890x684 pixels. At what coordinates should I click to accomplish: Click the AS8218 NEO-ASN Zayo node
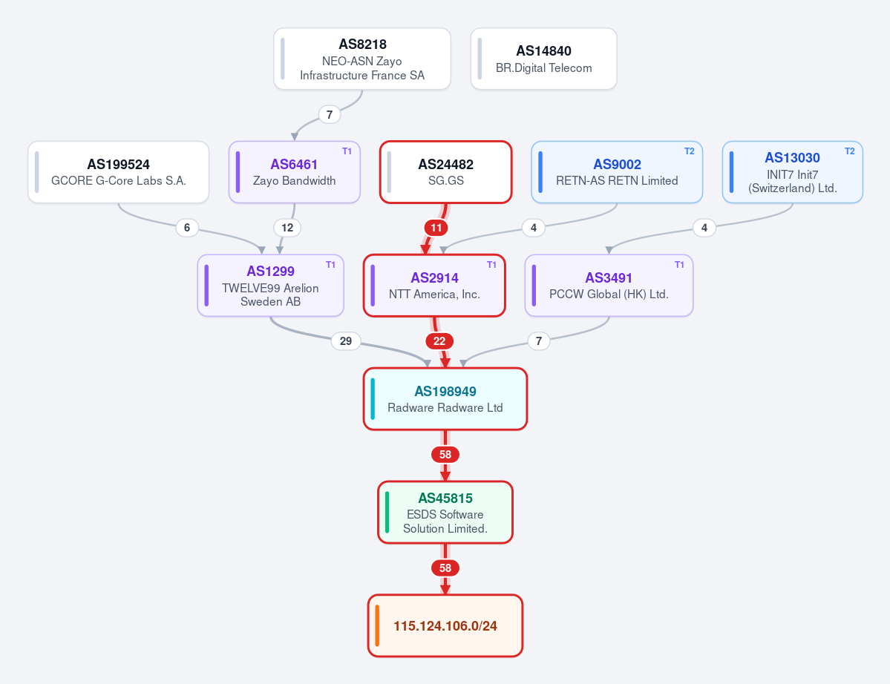point(362,59)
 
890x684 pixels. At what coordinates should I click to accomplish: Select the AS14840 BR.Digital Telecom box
point(544,59)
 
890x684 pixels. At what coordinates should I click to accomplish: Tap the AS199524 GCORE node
point(119,172)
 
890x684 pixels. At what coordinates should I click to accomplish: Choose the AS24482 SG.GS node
point(445,172)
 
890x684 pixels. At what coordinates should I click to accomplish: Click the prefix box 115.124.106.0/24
point(445,625)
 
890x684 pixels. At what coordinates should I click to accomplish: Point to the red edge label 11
point(436,228)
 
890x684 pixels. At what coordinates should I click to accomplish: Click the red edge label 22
point(439,341)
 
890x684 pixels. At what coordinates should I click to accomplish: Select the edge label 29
point(346,341)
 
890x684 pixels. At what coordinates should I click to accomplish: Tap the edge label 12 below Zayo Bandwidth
point(287,228)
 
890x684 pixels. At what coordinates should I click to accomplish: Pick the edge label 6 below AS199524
point(187,228)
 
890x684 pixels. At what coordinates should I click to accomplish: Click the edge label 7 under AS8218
point(330,114)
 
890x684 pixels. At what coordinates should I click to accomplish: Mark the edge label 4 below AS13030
point(704,228)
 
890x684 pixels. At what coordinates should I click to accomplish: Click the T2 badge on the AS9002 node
point(689,151)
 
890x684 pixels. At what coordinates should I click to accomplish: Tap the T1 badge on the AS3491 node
point(679,265)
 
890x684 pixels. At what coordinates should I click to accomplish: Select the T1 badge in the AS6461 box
point(347,151)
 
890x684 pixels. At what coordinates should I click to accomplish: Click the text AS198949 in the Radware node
point(445,392)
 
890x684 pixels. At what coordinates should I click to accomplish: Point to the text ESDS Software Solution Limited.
point(445,522)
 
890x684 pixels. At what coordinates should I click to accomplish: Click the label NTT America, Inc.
point(434,295)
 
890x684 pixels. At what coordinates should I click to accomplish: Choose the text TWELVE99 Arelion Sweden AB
point(270,295)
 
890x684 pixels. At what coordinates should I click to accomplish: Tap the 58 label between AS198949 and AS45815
point(445,455)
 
